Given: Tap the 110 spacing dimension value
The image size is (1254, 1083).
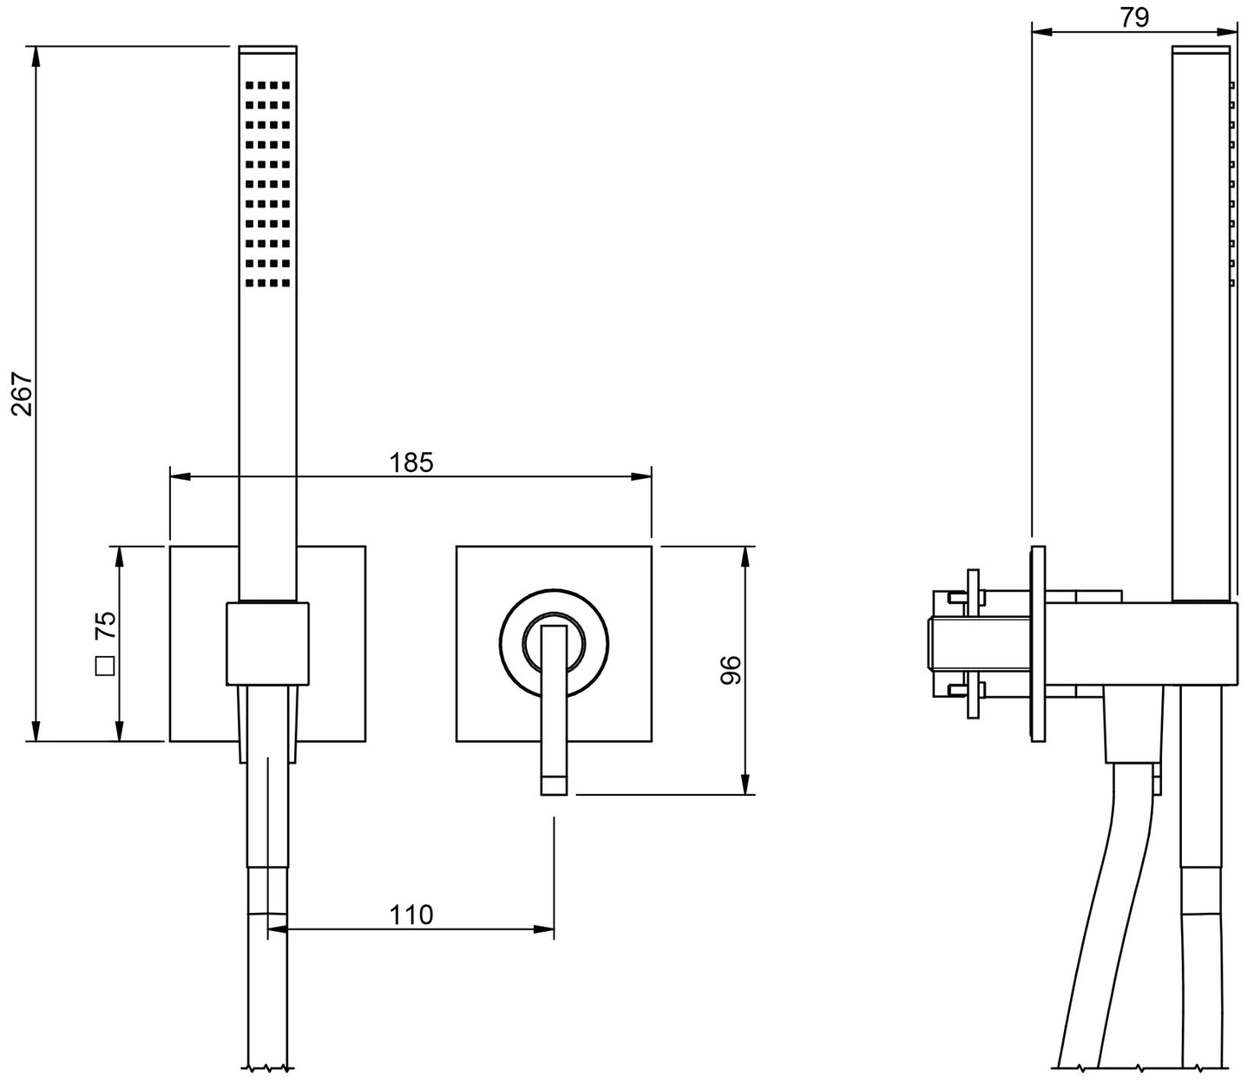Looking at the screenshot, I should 410,915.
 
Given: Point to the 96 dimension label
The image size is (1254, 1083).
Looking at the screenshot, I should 731,670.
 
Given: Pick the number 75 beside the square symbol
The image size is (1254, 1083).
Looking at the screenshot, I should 105,625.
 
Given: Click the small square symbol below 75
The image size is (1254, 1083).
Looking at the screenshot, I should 105,666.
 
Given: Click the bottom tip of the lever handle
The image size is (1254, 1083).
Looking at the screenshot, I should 554,786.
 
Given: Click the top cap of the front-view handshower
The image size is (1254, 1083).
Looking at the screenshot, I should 267,50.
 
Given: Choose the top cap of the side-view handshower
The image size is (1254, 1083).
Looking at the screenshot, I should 1200,50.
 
